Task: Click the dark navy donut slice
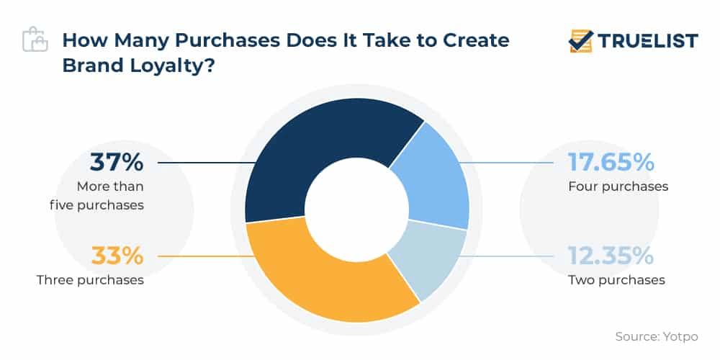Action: tap(317, 144)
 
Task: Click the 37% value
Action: tap(117, 162)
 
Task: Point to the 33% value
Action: tap(117, 256)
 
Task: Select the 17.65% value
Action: tap(611, 162)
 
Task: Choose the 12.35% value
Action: tap(611, 256)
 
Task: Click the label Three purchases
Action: tap(90, 279)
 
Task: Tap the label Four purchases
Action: tap(618, 186)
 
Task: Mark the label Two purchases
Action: tap(616, 279)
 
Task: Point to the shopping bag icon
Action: tap(35, 40)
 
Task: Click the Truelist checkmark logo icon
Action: tap(580, 41)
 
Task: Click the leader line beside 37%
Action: tap(205, 163)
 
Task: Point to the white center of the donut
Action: tap(357, 211)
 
